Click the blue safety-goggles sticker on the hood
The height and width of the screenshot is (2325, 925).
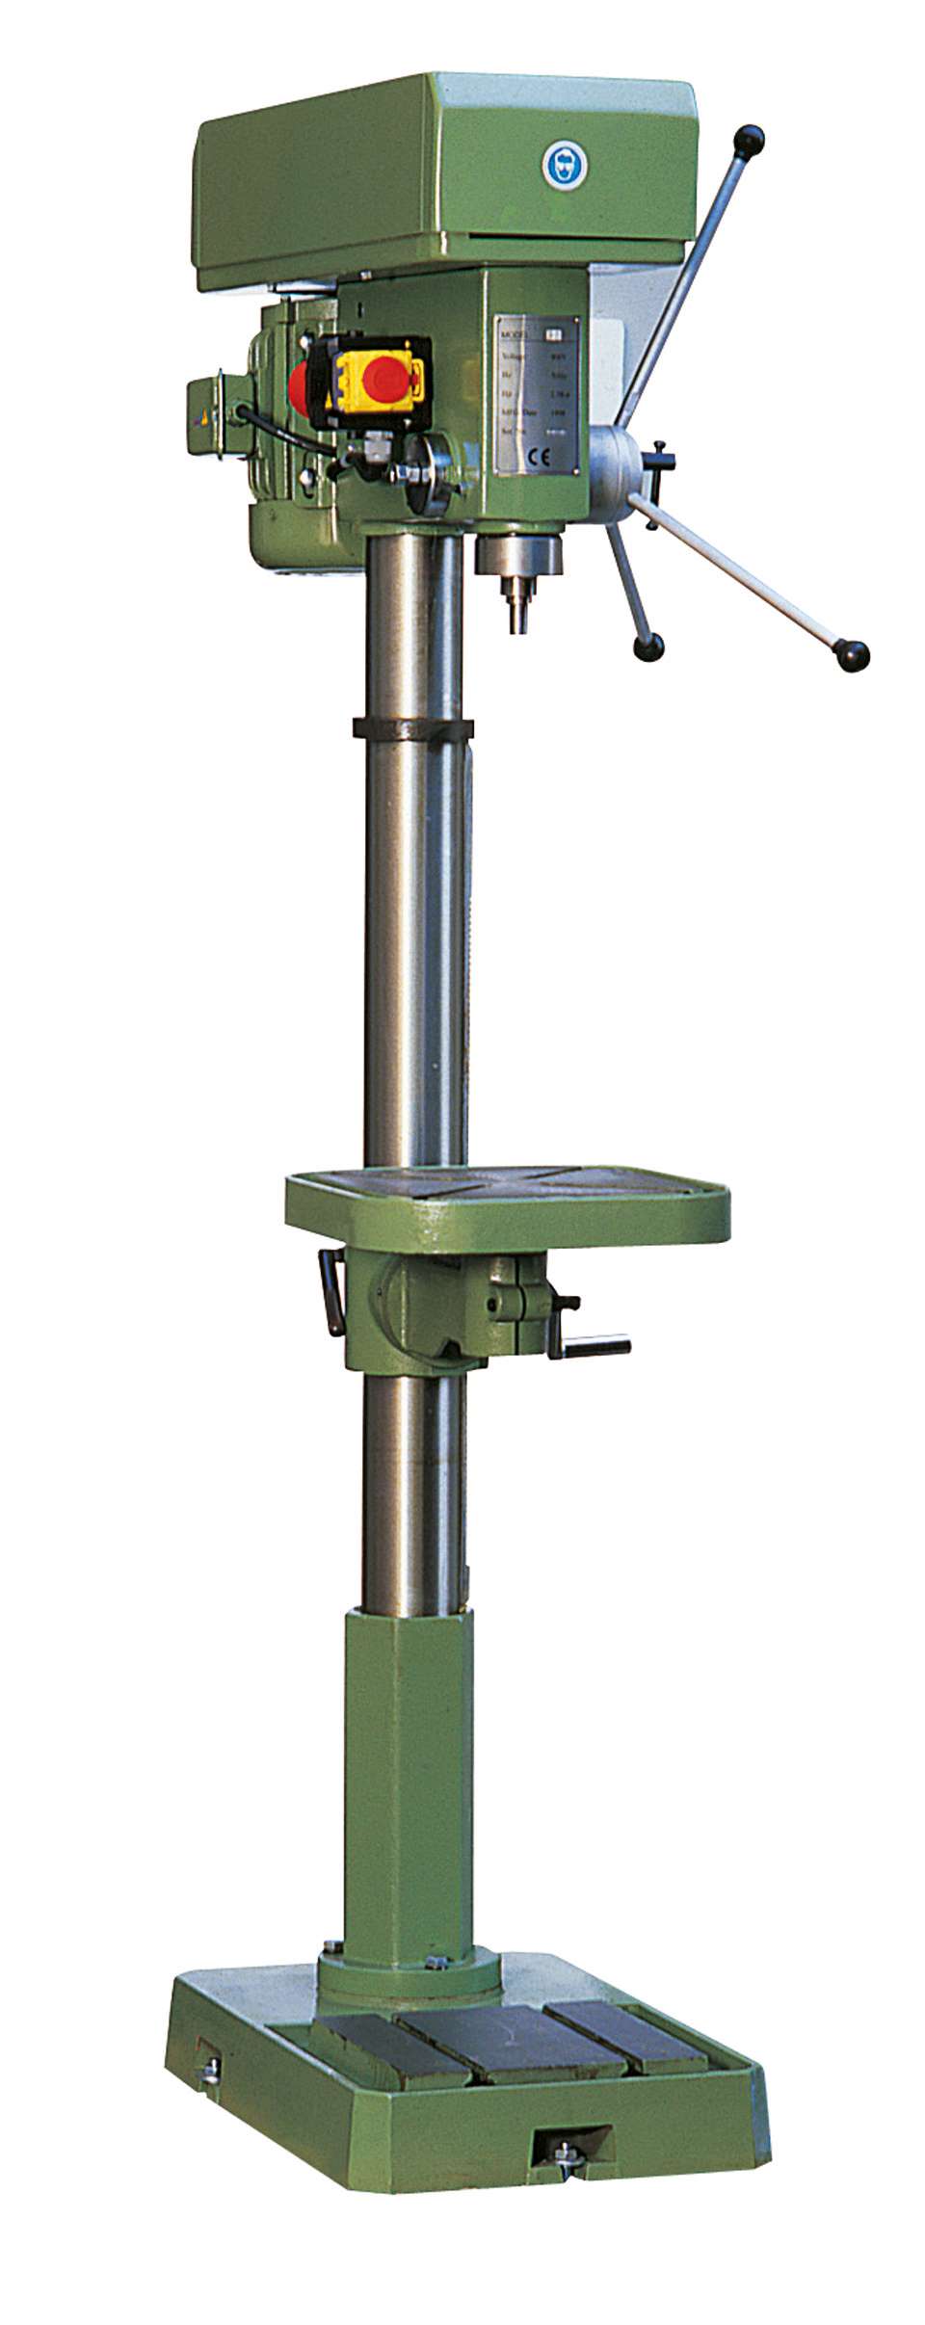564,165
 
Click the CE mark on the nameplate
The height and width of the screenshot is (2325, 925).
518,458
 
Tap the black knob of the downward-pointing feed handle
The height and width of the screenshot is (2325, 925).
648,646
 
